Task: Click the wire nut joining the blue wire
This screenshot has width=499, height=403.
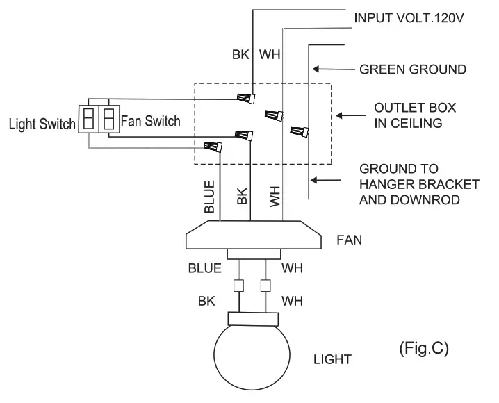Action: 213,147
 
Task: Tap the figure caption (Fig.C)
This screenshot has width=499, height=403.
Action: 424,347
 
